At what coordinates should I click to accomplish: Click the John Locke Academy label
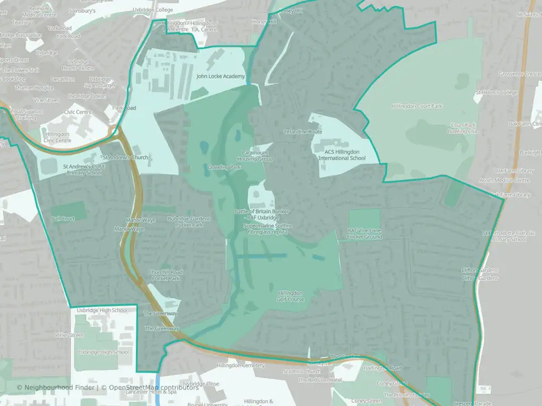click(x=220, y=76)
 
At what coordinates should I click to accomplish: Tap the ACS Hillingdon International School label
click(x=342, y=155)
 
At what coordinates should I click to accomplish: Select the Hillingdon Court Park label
click(x=417, y=105)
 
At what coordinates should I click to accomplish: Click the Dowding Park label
click(x=224, y=167)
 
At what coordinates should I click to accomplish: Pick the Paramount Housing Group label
click(x=257, y=156)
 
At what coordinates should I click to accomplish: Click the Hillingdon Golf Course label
click(x=291, y=296)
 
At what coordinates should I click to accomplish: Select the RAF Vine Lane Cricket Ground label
click(x=365, y=233)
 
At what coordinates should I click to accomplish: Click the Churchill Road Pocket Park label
click(x=165, y=275)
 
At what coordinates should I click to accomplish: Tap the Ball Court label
click(x=63, y=218)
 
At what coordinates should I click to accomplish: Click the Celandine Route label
click(x=302, y=131)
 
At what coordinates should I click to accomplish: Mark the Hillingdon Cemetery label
click(x=241, y=365)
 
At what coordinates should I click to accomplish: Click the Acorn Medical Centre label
click(x=505, y=180)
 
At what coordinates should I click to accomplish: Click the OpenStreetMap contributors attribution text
click(x=154, y=387)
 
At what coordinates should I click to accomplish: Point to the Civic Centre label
click(x=78, y=112)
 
